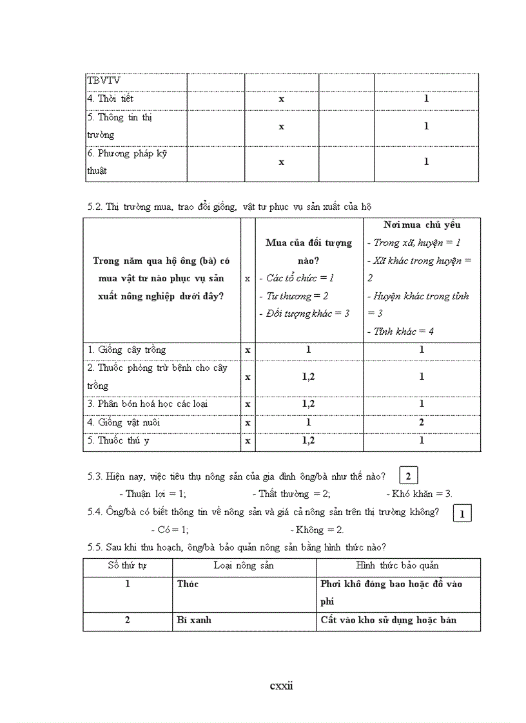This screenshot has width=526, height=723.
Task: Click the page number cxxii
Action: pos(281,685)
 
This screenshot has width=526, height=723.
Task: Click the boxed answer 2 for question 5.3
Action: pos(409,476)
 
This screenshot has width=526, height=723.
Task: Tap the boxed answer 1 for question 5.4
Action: pos(462,513)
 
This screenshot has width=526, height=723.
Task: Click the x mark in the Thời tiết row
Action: pos(281,99)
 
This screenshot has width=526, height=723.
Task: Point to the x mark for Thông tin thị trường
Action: pos(281,126)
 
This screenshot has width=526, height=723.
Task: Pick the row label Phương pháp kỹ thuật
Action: pos(127,162)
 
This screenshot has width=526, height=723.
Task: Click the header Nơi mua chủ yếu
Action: pos(422,225)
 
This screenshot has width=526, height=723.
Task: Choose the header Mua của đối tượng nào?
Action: pos(309,251)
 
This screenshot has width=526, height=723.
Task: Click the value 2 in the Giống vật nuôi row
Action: pos(422,422)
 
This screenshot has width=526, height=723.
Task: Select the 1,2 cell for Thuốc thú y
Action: pos(309,441)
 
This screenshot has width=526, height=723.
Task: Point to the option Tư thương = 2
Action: pos(298,296)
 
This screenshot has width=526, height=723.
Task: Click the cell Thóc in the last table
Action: pos(188,584)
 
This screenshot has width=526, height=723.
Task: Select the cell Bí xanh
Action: pos(194,620)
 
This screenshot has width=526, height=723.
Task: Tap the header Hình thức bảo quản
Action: pos(398,565)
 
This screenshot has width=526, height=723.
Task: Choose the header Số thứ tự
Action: pos(127,565)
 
